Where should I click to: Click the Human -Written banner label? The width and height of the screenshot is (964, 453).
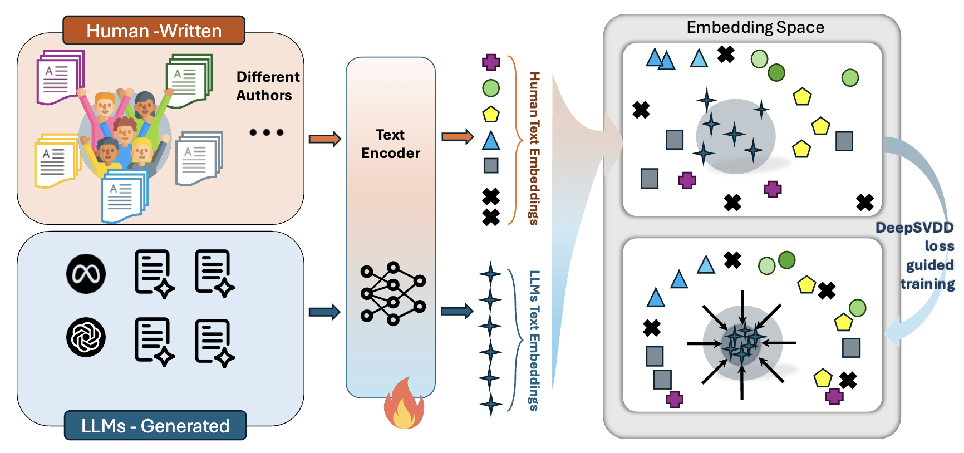(x=154, y=31)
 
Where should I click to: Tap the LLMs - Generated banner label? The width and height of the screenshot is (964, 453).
(x=155, y=426)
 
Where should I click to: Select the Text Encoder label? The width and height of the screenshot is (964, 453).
(x=390, y=144)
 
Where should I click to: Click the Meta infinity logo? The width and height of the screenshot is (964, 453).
(x=86, y=274)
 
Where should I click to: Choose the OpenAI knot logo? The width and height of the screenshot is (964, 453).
(x=86, y=337)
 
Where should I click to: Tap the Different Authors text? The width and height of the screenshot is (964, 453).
(x=267, y=86)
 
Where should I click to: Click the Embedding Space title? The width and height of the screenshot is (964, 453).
(x=755, y=27)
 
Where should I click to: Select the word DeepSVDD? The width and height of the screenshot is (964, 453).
(x=914, y=228)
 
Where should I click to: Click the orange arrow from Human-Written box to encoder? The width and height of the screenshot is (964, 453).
(x=324, y=139)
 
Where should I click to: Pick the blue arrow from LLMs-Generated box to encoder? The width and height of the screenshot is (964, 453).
(x=324, y=312)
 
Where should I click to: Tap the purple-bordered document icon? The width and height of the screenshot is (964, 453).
(x=60, y=77)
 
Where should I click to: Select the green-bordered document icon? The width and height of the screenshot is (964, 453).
(x=189, y=81)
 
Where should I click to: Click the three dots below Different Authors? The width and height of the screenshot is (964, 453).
(x=267, y=132)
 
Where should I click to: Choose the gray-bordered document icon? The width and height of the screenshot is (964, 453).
(x=199, y=158)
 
